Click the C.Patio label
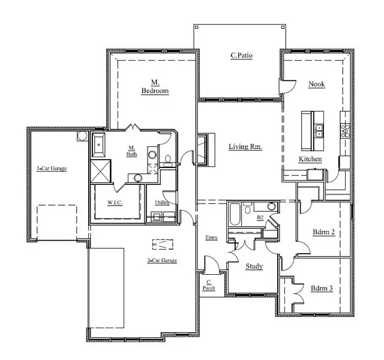[x=241, y=56]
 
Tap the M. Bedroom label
[x=155, y=87]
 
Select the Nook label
[x=316, y=84]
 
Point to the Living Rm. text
[x=245, y=146]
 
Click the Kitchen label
[x=310, y=159]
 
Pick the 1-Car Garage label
[x=52, y=169]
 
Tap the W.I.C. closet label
[x=116, y=202]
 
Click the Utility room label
[x=162, y=202]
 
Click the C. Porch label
[x=209, y=284]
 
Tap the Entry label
[x=211, y=238]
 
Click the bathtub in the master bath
[x=99, y=146]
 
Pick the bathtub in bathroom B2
[x=235, y=214]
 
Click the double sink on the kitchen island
[x=319, y=127]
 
